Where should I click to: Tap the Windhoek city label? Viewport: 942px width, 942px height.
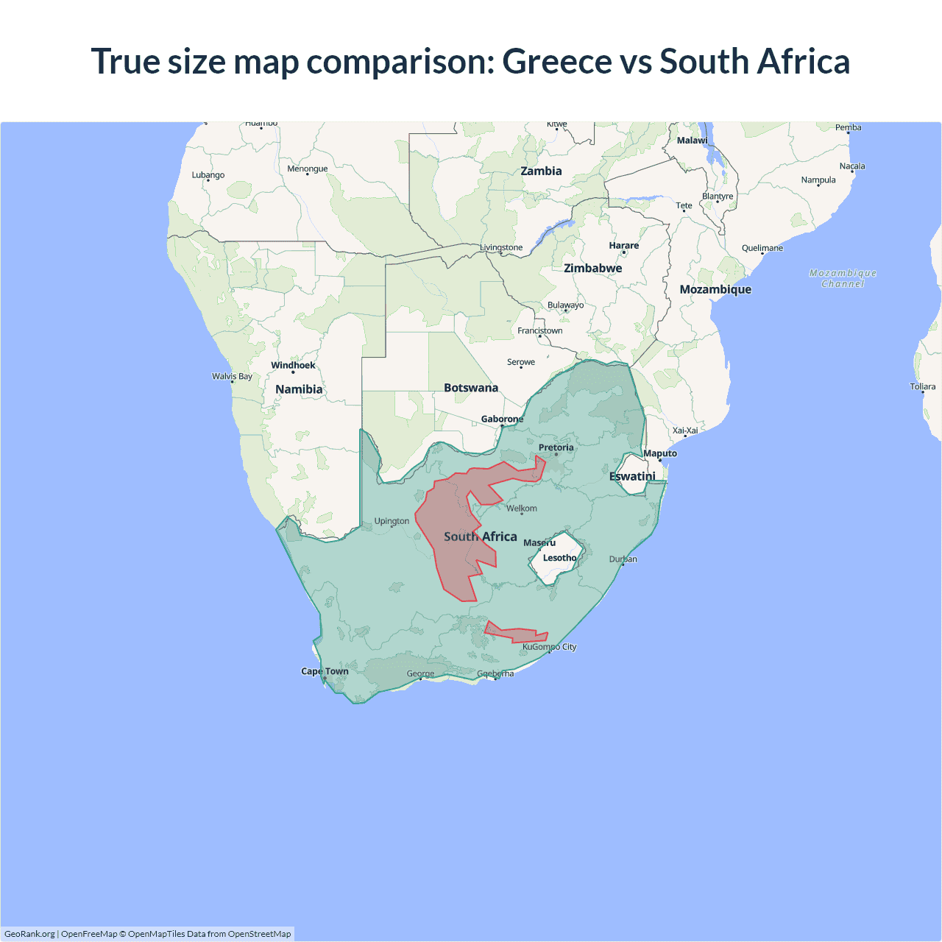click(293, 366)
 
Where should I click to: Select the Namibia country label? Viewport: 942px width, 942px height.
click(299, 389)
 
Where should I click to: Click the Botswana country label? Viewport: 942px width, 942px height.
click(471, 388)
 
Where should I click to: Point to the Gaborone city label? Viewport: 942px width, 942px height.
click(502, 419)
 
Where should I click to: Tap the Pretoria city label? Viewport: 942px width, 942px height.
click(556, 447)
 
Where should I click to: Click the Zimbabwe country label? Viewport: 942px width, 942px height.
click(592, 269)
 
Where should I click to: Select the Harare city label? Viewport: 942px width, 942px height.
click(623, 246)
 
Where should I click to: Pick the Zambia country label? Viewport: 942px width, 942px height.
click(541, 171)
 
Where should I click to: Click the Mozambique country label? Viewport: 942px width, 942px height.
click(715, 290)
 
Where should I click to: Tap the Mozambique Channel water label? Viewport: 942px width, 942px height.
click(843, 278)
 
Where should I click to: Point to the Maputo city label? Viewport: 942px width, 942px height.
click(660, 454)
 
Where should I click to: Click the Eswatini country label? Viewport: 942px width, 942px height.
click(632, 477)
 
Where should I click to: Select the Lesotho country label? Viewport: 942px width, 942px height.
click(559, 558)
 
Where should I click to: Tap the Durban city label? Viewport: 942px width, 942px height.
click(623, 559)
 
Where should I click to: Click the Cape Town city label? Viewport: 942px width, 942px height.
click(325, 671)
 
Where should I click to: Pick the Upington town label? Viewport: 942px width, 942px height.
click(392, 521)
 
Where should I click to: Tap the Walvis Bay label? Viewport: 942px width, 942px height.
click(232, 377)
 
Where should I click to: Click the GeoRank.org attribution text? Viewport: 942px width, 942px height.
click(29, 934)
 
